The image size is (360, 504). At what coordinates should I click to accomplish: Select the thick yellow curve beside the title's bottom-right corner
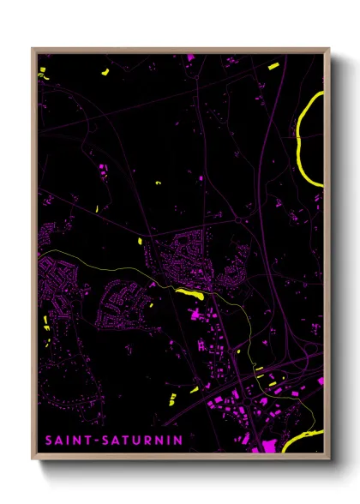pos(300,441)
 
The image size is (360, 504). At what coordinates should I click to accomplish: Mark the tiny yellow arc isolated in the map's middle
pos(158,183)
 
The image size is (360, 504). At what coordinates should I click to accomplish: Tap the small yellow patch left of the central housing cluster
pos(140,241)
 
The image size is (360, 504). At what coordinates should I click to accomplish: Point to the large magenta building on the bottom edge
pos(266,445)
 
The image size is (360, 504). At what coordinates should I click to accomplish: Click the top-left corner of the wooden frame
pos(33,49)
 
